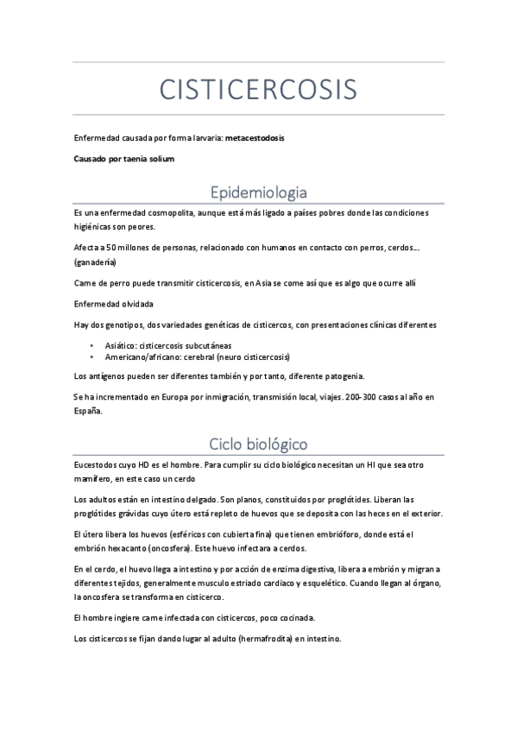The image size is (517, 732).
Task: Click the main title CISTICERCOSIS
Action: coord(258,89)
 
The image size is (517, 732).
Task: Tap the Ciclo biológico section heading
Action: coord(258,444)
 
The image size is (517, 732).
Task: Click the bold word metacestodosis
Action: coord(255,138)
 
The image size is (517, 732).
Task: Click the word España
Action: coord(88,411)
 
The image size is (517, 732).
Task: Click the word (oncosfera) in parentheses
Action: coord(167,549)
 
